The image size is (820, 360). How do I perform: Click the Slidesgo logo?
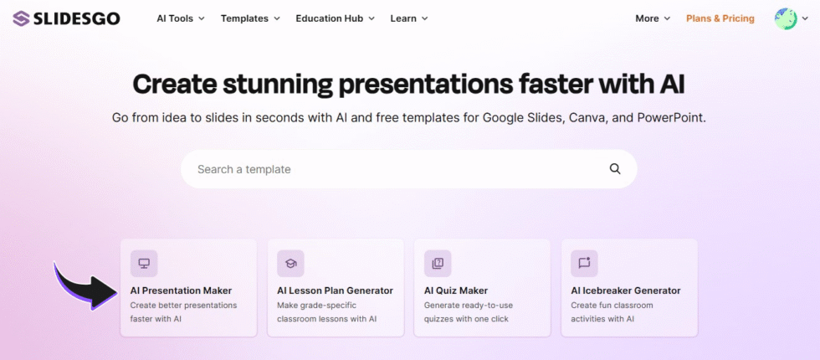(66, 18)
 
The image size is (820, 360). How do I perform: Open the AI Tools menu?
(181, 18)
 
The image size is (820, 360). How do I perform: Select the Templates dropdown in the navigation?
(250, 18)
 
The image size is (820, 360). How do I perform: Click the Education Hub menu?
(335, 18)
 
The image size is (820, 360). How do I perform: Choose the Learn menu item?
(409, 18)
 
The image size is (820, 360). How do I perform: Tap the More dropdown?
(653, 18)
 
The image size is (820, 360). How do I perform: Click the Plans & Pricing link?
(720, 18)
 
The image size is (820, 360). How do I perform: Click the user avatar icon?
(786, 18)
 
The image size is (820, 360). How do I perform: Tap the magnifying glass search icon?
(615, 169)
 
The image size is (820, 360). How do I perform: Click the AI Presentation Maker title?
(181, 291)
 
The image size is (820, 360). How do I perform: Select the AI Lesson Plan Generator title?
(335, 291)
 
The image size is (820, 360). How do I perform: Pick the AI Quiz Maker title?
(456, 291)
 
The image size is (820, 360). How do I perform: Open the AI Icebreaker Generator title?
(626, 291)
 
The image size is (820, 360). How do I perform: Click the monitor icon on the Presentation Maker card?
(144, 264)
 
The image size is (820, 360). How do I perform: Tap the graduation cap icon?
(290, 264)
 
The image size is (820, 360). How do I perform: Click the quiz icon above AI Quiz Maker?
(438, 264)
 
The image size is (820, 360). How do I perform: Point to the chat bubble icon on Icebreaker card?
(584, 264)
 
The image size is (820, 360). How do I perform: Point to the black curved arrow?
(88, 286)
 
